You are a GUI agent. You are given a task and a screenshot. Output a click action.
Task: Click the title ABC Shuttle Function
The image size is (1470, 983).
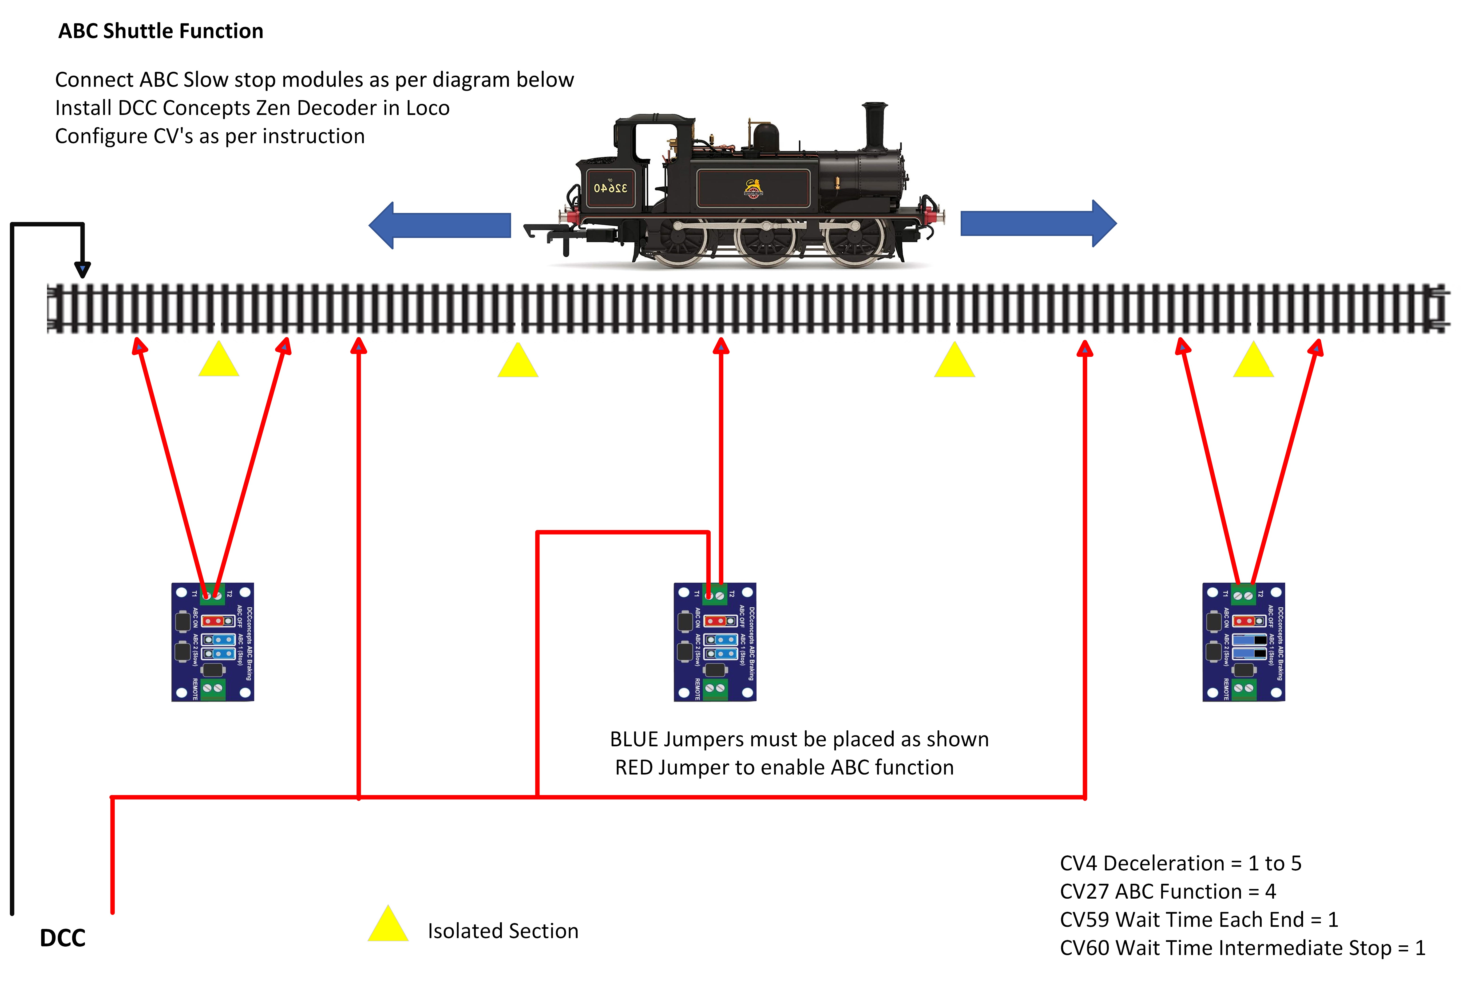pyautogui.click(x=161, y=31)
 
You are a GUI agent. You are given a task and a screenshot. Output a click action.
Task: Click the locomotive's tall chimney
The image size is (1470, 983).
pyautogui.click(x=874, y=125)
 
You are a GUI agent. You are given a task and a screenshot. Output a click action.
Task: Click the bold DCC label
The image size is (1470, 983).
pyautogui.click(x=63, y=938)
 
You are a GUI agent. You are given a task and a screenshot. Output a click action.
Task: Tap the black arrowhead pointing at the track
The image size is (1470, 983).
pyautogui.click(x=82, y=270)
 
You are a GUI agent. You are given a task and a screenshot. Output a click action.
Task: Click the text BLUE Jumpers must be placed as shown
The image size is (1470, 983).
pyautogui.click(x=799, y=739)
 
